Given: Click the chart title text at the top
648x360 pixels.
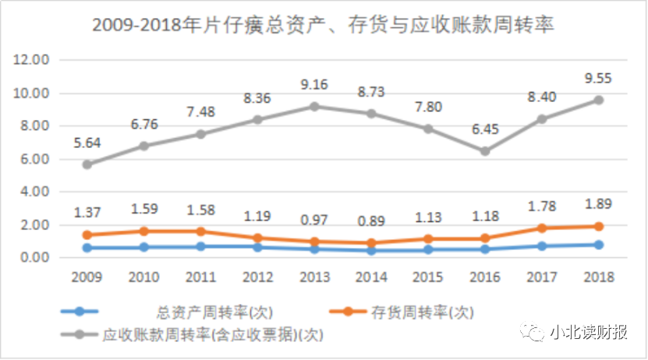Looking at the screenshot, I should (323, 25).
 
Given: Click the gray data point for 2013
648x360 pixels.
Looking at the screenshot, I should (314, 106).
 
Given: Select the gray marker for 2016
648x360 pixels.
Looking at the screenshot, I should (485, 151).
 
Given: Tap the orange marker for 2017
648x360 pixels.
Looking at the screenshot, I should (542, 228).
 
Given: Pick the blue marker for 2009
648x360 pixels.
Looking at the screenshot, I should (87, 248).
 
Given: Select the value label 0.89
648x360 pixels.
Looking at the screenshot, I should (371, 221).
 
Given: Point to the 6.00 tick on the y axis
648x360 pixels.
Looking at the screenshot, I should (36, 159).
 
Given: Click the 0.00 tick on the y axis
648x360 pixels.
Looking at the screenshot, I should (36, 258).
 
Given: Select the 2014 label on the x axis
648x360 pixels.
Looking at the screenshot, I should (371, 277).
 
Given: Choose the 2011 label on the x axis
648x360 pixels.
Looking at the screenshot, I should (200, 277).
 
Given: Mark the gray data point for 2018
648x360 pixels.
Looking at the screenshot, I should (599, 100).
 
